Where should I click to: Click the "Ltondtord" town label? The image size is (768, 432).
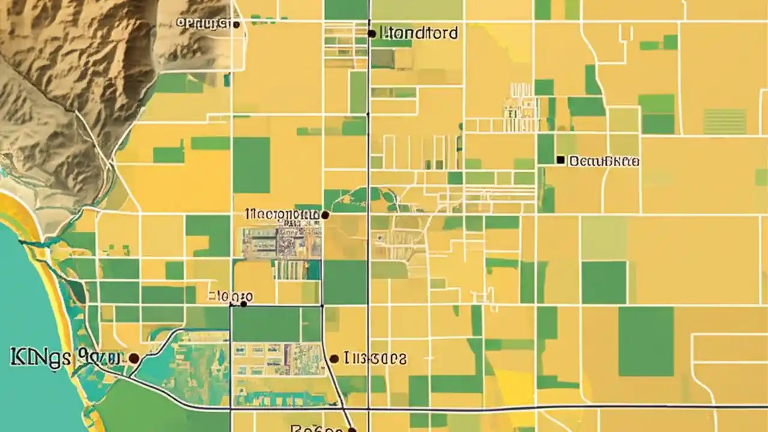coord(418,33)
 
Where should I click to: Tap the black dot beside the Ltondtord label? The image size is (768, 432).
coord(372,34)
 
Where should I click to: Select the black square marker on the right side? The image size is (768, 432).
coord(560,160)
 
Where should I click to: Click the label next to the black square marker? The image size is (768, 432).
coord(604,161)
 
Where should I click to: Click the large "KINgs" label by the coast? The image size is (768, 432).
coord(65,357)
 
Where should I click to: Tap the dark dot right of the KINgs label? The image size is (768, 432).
coord(134,358)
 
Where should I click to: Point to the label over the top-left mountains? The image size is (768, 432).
coord(203,23)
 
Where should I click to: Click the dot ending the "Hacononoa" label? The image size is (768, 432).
coord(325,214)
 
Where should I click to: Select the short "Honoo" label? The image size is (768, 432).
coord(230,296)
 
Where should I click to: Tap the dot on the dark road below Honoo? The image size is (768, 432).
coord(243,304)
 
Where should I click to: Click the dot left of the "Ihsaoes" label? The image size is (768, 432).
coord(334,359)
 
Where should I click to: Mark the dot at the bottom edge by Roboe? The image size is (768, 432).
coord(352,430)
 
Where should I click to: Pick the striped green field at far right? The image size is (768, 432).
coord(725,121)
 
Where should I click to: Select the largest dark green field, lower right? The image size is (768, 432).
coord(646,341)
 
